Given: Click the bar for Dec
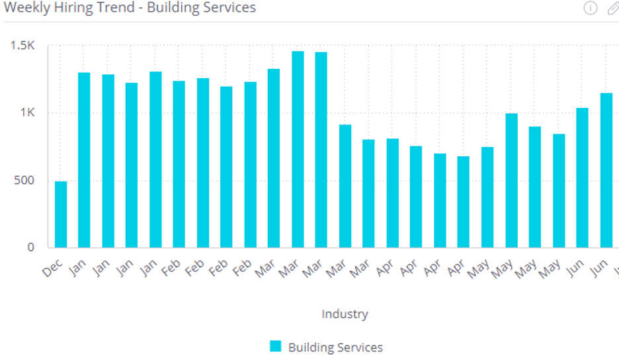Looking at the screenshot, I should point(61,214).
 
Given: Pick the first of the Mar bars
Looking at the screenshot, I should point(274,158).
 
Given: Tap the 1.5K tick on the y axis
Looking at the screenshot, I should point(22,46).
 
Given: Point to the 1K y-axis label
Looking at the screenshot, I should point(27,113).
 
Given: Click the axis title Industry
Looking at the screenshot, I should point(345,314).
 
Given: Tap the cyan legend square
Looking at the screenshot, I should point(276,346).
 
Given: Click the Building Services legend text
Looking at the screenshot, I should point(335,347).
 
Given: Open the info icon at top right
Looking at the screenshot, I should point(591,8).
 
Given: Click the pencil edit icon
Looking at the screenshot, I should point(612,8).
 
